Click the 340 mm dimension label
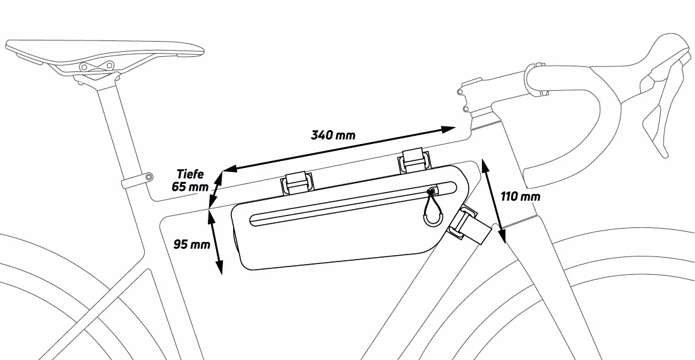pos(333,135)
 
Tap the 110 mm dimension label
pos(521,196)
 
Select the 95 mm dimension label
pos(191,244)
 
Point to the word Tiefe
pos(190,174)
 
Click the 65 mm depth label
pos(190,186)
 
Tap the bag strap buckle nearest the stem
pos(415,161)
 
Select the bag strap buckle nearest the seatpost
pos(296,183)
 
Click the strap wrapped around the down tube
pos(470,225)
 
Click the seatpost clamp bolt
pos(149,177)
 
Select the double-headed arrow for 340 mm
pos(339,149)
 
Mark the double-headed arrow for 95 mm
pos(215,242)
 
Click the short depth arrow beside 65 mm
pos(215,189)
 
